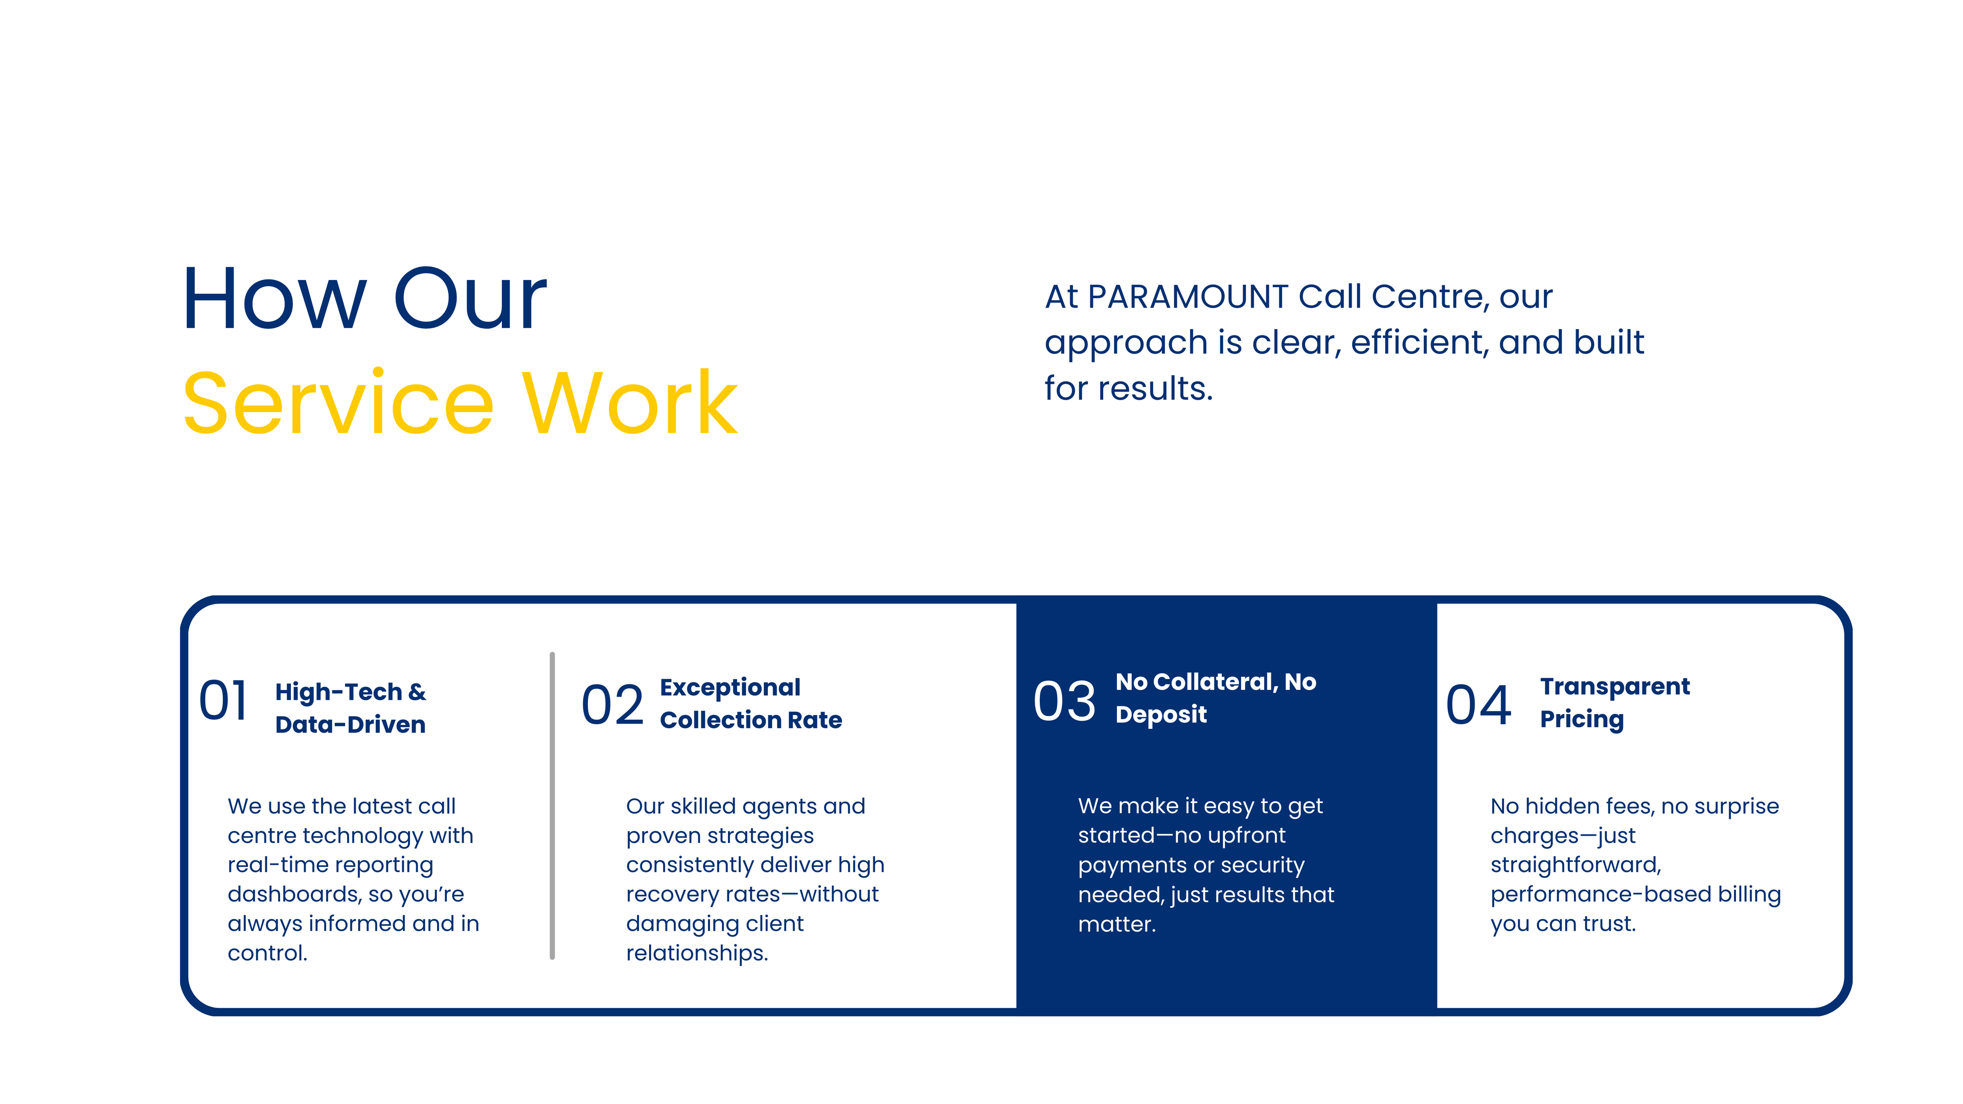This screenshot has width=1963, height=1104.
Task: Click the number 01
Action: [x=223, y=700]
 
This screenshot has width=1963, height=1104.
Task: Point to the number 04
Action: [x=1478, y=705]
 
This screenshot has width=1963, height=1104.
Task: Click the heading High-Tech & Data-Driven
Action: [x=351, y=708]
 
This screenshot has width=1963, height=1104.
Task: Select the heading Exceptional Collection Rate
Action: [x=750, y=703]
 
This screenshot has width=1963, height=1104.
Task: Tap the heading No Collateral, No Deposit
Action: [x=1216, y=698]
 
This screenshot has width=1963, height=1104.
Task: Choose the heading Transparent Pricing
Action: [x=1615, y=702]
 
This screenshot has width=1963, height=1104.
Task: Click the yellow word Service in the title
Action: [x=338, y=403]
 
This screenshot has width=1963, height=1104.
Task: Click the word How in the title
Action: [x=275, y=298]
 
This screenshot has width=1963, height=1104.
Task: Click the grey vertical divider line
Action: [x=552, y=806]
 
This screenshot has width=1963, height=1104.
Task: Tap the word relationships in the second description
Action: [x=696, y=953]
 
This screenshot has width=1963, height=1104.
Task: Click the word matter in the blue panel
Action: [x=1116, y=924]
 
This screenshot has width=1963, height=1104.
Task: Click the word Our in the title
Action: [x=470, y=298]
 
